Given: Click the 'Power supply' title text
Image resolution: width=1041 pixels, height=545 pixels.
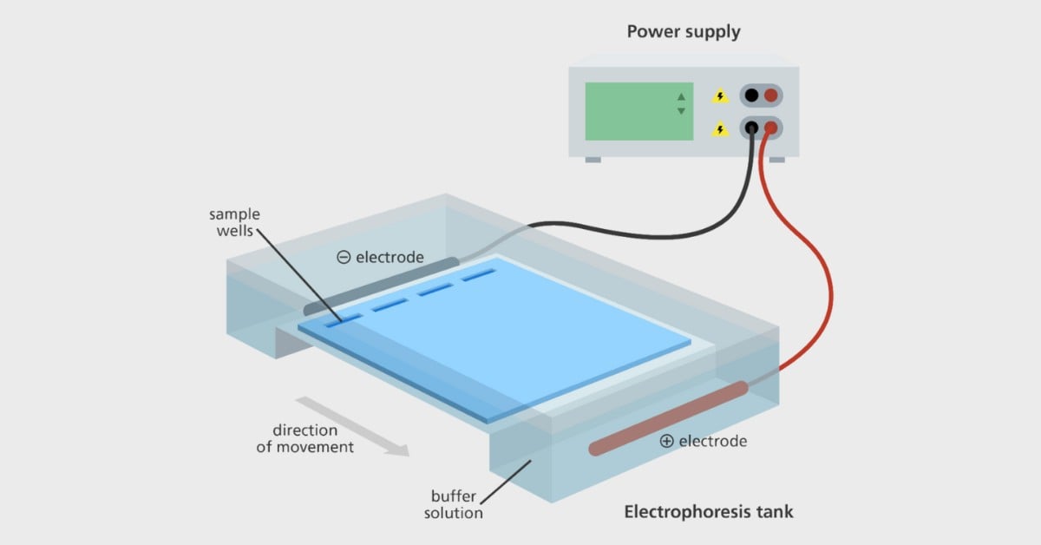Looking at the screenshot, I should pyautogui.click(x=684, y=33).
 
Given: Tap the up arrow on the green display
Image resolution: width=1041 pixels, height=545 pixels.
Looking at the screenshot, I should pyautogui.click(x=681, y=96).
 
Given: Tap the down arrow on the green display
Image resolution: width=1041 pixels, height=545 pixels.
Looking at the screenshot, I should pyautogui.click(x=681, y=111).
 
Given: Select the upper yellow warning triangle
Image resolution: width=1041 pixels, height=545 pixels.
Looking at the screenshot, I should pyautogui.click(x=719, y=97).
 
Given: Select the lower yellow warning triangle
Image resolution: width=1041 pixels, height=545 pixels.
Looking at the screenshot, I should pyautogui.click(x=719, y=129).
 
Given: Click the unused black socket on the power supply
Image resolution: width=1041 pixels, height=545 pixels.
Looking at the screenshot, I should pyautogui.click(x=751, y=95).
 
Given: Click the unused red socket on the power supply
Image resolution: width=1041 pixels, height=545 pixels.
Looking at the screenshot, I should pyautogui.click(x=770, y=95).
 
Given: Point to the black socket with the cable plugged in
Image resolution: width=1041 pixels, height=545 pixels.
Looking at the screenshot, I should pyautogui.click(x=751, y=128).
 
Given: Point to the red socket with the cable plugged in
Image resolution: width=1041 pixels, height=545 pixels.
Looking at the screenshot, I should pyautogui.click(x=770, y=128).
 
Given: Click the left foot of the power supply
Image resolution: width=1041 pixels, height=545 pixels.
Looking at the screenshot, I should pyautogui.click(x=593, y=160).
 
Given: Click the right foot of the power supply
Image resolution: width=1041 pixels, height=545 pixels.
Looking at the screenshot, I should pyautogui.click(x=776, y=160).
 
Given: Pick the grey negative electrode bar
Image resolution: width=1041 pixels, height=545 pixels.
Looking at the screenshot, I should pyautogui.click(x=382, y=285).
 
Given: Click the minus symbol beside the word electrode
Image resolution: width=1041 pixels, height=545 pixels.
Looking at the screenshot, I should pyautogui.click(x=344, y=257).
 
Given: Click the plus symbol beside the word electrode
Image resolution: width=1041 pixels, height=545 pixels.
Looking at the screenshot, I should pyautogui.click(x=666, y=441).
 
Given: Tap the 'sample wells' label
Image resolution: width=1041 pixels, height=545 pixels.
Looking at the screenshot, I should pyautogui.click(x=234, y=222).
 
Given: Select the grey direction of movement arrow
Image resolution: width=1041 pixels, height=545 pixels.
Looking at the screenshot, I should pyautogui.click(x=351, y=425).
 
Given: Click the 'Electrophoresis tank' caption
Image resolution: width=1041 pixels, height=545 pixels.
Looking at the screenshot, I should pyautogui.click(x=709, y=511).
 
